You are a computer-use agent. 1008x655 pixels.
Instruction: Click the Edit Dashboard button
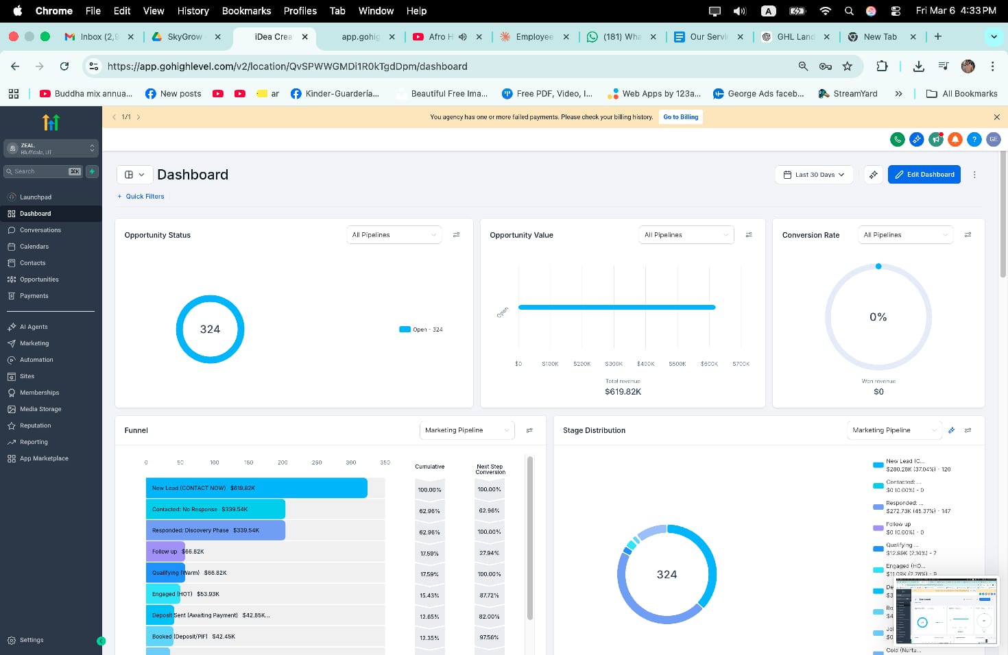click(924, 175)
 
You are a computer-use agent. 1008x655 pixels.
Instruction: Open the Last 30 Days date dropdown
click(814, 175)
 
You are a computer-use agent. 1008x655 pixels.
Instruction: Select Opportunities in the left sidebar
click(39, 280)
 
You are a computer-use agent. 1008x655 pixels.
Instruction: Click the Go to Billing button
click(680, 117)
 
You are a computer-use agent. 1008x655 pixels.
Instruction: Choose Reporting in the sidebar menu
click(34, 442)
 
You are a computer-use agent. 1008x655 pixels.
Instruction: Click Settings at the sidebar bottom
click(31, 640)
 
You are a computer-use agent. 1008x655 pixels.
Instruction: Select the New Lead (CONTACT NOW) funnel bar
click(256, 488)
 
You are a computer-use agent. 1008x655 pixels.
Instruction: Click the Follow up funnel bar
click(165, 552)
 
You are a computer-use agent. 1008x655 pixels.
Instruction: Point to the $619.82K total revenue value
click(623, 392)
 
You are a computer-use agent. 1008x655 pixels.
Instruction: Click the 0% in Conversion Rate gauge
click(878, 317)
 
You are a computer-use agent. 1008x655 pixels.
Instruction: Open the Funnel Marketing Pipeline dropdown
click(467, 430)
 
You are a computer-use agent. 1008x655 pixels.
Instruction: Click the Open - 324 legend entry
click(421, 330)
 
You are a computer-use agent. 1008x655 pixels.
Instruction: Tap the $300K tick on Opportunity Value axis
click(614, 364)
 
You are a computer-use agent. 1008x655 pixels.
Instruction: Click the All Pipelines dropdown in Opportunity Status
click(394, 235)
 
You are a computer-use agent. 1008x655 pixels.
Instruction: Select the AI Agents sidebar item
click(34, 327)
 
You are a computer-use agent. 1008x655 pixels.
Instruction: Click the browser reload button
click(64, 66)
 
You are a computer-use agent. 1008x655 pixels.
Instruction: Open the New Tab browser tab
click(880, 37)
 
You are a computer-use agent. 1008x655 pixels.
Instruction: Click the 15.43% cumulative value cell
click(429, 595)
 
